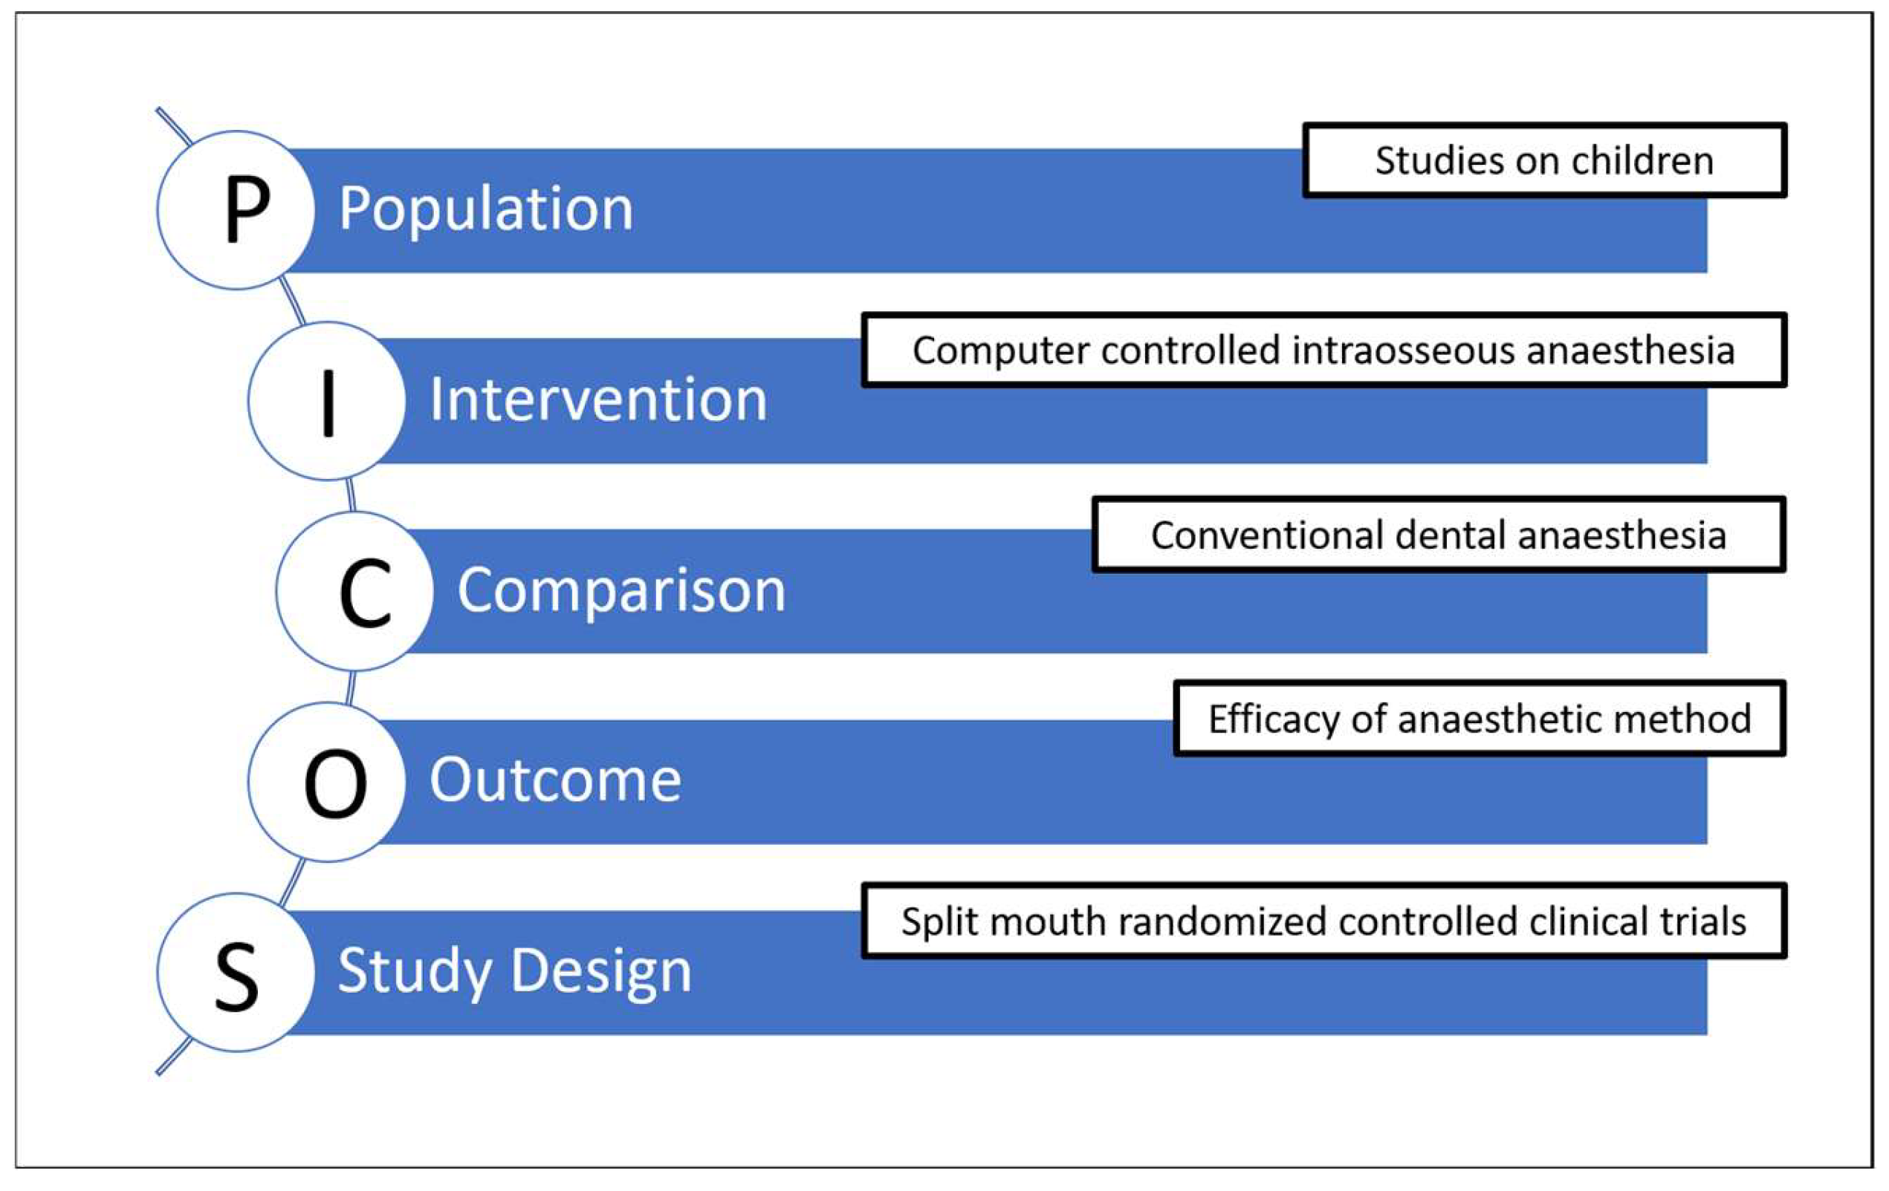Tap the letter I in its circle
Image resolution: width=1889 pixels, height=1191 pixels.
pyautogui.click(x=328, y=402)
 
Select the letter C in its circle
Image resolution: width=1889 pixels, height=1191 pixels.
pyautogui.click(x=365, y=593)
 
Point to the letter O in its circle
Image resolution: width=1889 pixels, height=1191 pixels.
pyautogui.click(x=335, y=783)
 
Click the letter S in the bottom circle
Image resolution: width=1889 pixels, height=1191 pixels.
pyautogui.click(x=236, y=976)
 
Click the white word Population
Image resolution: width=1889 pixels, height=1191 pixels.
pyautogui.click(x=485, y=209)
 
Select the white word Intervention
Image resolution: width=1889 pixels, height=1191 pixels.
pyautogui.click(x=597, y=400)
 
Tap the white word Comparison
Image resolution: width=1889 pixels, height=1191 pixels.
pyautogui.click(x=621, y=590)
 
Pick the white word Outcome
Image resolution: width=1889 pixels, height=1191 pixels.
pyautogui.click(x=555, y=780)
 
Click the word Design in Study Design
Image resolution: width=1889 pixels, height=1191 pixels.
pyautogui.click(x=602, y=970)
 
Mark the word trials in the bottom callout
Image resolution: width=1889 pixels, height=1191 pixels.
pyautogui.click(x=1711, y=921)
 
